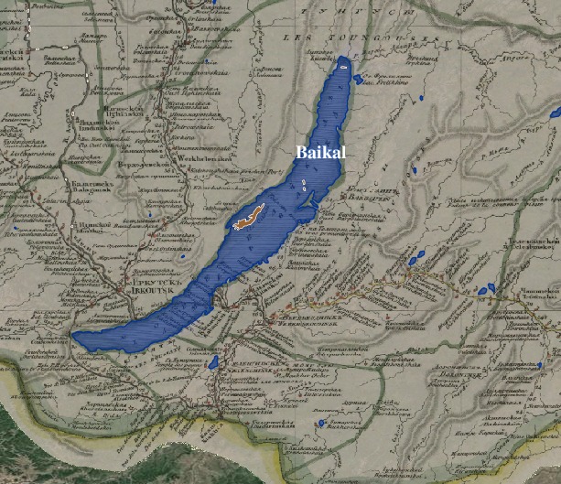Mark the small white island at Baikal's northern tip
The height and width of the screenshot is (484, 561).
tap(342, 64)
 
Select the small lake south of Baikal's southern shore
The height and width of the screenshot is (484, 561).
tap(213, 363)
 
